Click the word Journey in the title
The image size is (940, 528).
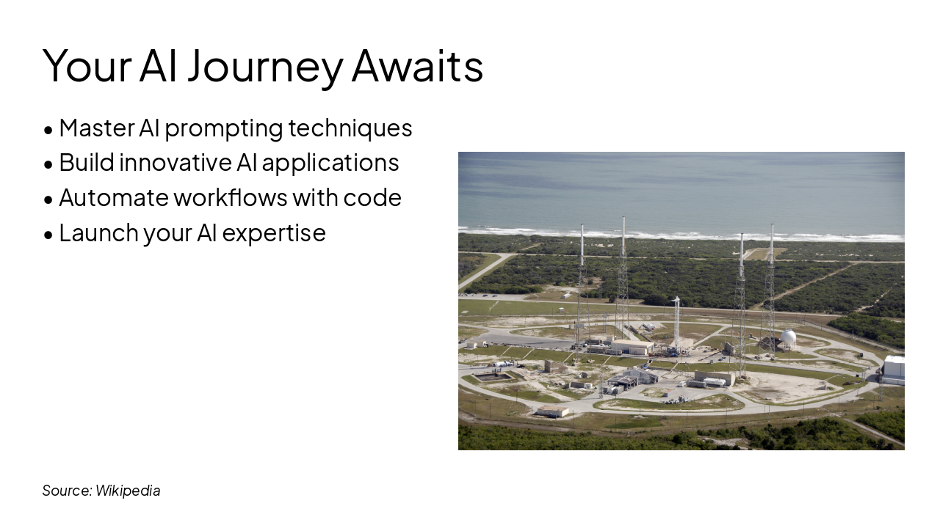point(265,67)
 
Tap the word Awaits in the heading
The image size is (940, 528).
point(418,65)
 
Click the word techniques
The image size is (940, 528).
point(350,128)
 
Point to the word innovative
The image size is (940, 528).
point(175,163)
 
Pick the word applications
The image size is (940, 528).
point(330,164)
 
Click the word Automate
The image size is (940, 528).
point(113,198)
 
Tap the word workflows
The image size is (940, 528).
point(231,197)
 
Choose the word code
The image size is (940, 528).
point(372,198)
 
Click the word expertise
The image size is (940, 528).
point(274,234)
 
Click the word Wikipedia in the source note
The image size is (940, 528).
point(128,491)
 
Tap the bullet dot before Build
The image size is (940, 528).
point(48,165)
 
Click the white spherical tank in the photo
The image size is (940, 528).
point(788,338)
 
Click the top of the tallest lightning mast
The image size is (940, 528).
point(623,218)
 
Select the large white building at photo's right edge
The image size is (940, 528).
point(893,370)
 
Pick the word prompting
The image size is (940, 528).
point(224,129)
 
